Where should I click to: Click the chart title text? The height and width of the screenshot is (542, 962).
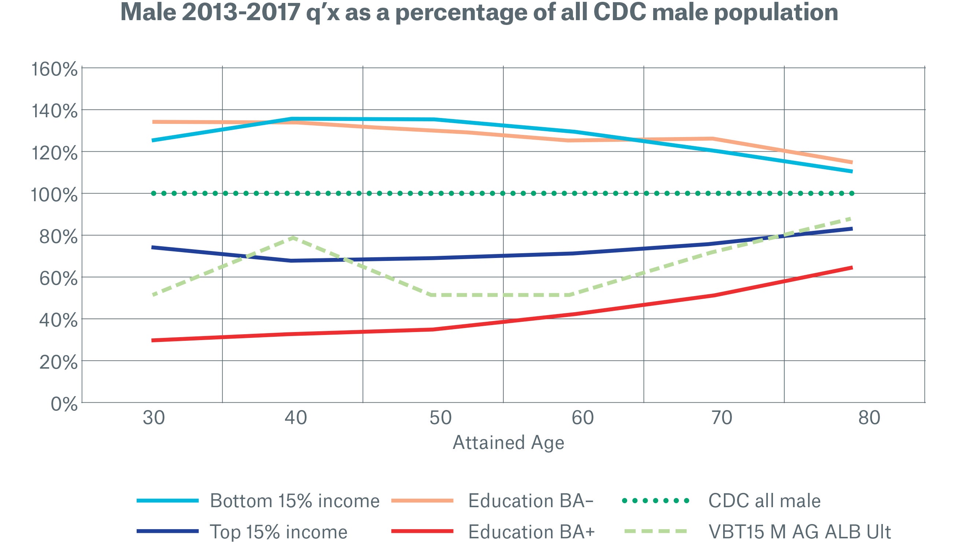[479, 13]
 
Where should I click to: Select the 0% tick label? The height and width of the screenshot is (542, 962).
[64, 404]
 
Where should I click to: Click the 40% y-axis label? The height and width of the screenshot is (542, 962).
[59, 321]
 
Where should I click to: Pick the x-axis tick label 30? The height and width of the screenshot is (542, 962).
[154, 418]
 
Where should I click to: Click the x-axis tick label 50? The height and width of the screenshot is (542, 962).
[441, 418]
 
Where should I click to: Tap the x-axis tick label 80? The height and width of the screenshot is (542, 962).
[869, 418]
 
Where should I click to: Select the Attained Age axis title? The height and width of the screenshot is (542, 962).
[508, 443]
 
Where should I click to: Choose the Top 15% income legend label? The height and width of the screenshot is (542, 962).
[278, 531]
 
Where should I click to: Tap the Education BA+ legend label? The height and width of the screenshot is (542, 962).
[532, 531]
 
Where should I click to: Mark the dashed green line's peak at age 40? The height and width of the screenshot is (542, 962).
[293, 237]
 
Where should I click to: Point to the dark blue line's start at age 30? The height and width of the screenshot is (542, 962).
[153, 247]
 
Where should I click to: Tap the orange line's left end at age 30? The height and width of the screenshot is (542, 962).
[153, 122]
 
